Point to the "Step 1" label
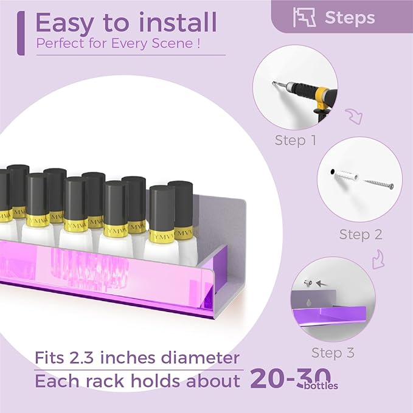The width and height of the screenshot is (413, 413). (295, 141)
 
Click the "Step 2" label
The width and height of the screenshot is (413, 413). (359, 234)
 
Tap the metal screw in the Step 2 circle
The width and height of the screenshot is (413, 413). (378, 181)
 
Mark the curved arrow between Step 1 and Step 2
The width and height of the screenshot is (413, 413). (352, 116)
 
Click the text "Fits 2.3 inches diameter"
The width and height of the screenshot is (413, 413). (137, 357)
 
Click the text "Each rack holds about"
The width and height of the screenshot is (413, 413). (137, 381)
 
